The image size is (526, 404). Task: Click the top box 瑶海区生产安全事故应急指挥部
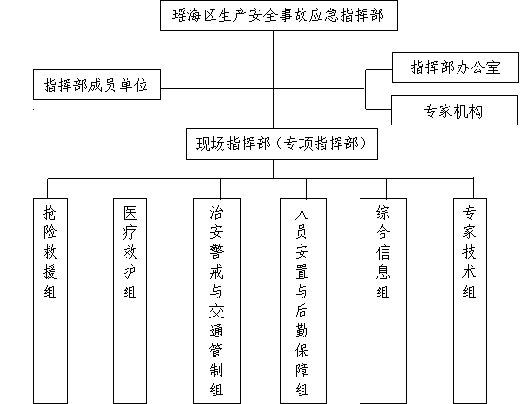point(279,16)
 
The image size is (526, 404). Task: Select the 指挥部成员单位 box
point(97,85)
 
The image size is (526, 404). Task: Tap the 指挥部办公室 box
point(456,67)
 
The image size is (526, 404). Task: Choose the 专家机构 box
point(455,110)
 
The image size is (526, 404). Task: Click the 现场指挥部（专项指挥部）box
point(282,144)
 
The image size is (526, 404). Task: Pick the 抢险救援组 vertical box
point(50,300)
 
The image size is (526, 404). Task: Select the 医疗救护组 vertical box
point(130,300)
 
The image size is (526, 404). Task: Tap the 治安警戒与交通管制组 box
point(217,300)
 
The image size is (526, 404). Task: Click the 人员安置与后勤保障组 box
point(303,300)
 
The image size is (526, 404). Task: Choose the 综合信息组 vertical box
point(383,300)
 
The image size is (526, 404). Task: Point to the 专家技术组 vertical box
point(470,300)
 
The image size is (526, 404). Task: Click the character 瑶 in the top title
point(180,15)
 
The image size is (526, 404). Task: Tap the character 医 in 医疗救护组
point(129,212)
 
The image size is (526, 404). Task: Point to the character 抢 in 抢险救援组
point(50,212)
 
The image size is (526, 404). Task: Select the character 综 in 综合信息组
point(382,212)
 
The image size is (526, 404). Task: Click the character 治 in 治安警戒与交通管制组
point(216,212)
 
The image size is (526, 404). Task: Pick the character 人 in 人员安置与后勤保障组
point(302,212)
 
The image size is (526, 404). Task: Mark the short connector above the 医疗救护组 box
point(127,188)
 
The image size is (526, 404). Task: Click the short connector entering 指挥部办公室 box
point(379,70)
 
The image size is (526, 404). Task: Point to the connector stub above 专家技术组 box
point(473,188)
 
